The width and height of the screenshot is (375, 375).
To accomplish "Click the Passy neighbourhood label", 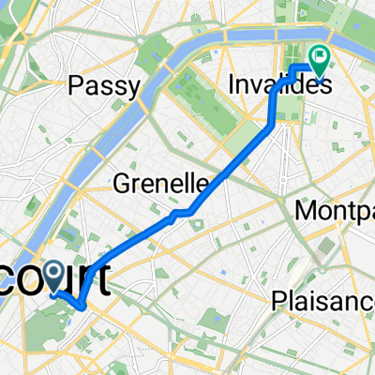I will (x=105, y=87).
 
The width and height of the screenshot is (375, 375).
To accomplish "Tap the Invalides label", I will (x=279, y=85).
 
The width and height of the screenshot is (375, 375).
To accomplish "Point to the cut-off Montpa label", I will (x=333, y=211).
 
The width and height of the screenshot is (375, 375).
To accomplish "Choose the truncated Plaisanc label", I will (x=322, y=300).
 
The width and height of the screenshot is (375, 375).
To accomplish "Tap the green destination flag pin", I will (x=320, y=60).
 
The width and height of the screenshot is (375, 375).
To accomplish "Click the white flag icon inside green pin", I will (x=320, y=56).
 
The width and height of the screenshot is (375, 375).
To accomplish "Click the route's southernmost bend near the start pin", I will (x=82, y=306).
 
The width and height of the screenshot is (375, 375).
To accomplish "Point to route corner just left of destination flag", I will (x=297, y=67).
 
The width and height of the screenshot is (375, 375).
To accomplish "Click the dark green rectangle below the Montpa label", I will (x=326, y=248).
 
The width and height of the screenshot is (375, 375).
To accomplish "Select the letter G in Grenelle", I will (x=117, y=183).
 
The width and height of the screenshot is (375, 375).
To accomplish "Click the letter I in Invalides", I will (x=232, y=85).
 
